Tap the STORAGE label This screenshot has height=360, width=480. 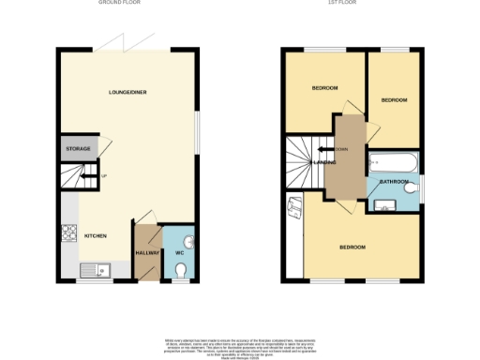click(x=77, y=150)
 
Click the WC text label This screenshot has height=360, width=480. click(x=179, y=253)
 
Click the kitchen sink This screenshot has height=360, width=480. click(x=96, y=272)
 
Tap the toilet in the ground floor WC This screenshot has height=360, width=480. click(x=181, y=270)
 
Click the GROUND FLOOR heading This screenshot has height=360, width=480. click(x=119, y=4)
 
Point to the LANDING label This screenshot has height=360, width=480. click(x=325, y=162)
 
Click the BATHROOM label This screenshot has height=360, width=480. click(x=393, y=181)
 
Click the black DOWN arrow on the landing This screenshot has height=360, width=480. click(x=322, y=148)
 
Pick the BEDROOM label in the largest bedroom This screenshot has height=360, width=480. click(x=352, y=247)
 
